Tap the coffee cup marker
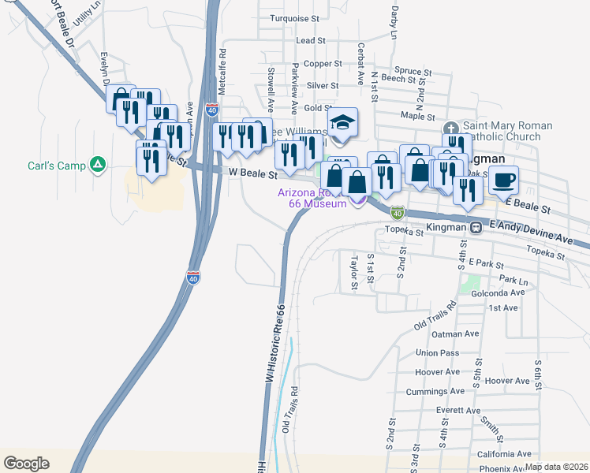(x=503, y=180)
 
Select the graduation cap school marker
(x=342, y=123)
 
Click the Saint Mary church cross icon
(x=450, y=128)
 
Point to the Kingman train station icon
(x=476, y=227)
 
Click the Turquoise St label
(x=293, y=17)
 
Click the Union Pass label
(x=437, y=352)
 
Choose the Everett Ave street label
(x=457, y=411)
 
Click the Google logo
(x=26, y=463)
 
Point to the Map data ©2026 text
(x=556, y=467)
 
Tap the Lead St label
(x=311, y=40)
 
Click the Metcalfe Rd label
(x=222, y=73)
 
